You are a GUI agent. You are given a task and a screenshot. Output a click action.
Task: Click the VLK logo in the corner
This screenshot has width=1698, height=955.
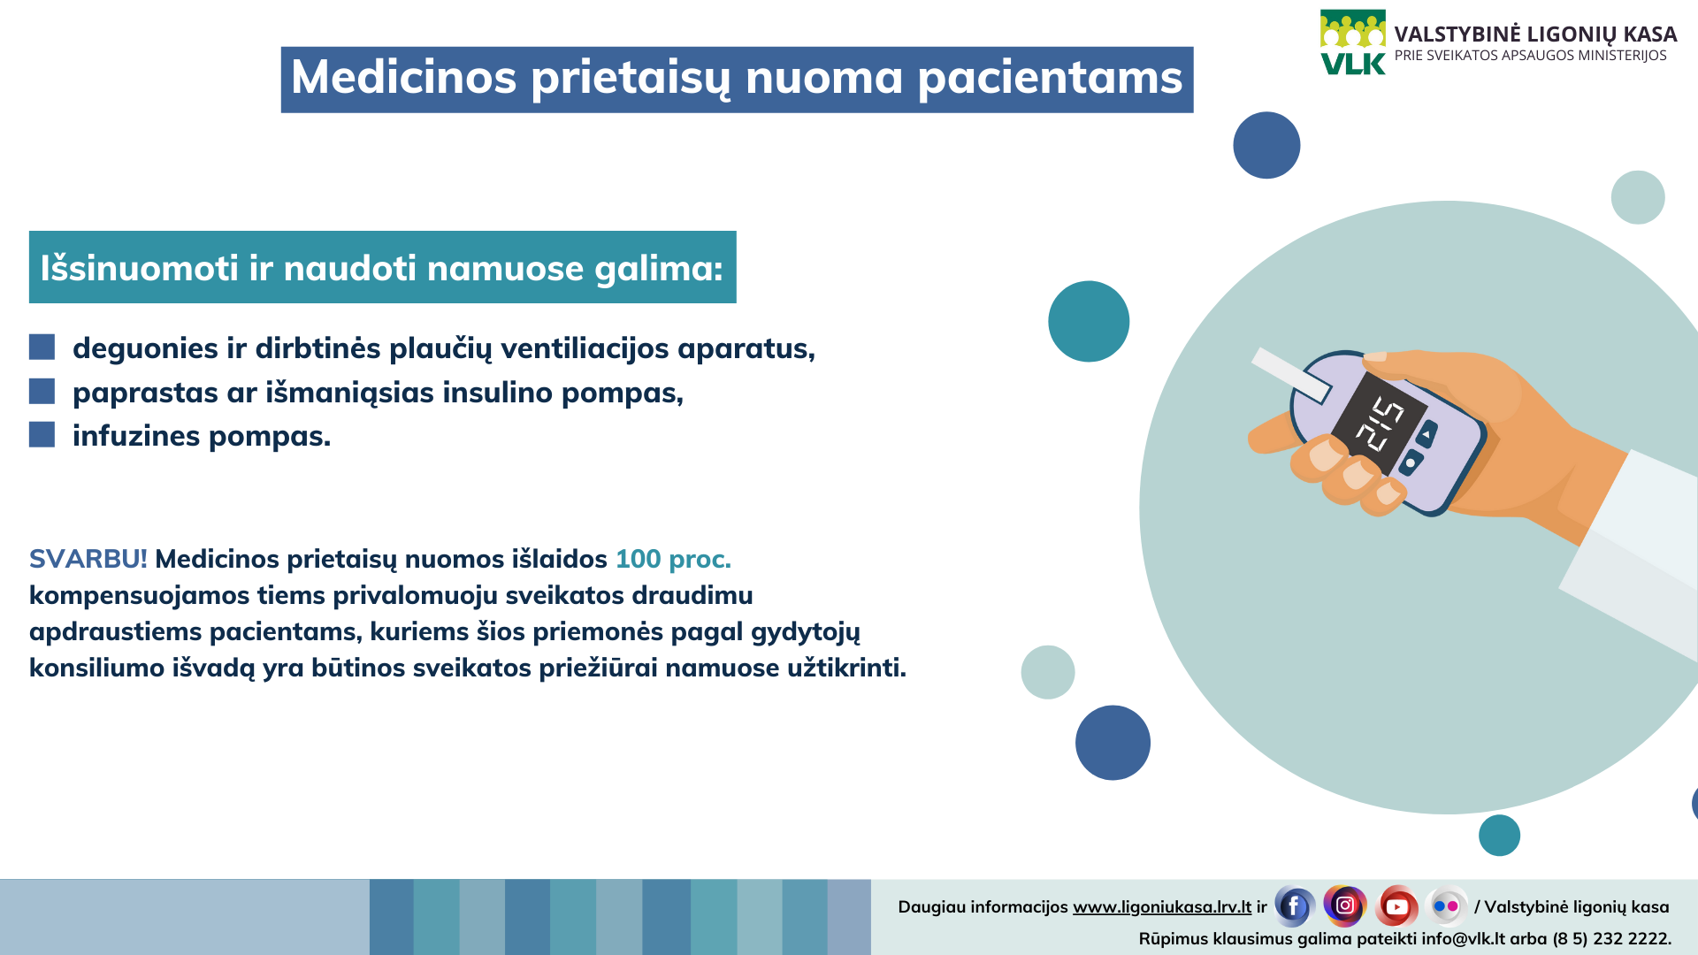tap(1353, 42)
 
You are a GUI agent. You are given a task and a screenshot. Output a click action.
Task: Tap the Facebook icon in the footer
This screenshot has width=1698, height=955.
tap(1294, 906)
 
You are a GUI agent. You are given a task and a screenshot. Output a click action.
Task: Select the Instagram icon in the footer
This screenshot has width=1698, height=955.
tap(1345, 905)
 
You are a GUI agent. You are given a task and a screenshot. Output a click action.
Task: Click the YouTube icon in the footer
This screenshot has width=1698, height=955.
tap(1396, 906)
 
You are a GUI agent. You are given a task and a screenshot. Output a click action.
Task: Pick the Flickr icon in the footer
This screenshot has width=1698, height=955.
tap(1447, 906)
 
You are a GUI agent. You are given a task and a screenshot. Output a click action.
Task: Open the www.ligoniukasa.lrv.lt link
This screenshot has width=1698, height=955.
tap(1162, 907)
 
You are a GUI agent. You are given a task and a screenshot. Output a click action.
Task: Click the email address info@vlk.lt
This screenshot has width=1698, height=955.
tap(1464, 939)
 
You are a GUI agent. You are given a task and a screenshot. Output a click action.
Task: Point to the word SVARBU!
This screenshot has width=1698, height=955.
tap(88, 559)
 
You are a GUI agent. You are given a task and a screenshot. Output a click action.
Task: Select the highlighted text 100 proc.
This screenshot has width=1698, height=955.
tap(673, 560)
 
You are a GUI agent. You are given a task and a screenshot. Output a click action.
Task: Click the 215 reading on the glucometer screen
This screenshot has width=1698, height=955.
tap(1380, 424)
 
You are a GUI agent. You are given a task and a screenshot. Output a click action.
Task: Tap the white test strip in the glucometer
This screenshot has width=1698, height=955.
tap(1290, 375)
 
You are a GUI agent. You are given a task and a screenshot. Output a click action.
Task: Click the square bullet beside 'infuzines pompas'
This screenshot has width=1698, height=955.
tap(42, 434)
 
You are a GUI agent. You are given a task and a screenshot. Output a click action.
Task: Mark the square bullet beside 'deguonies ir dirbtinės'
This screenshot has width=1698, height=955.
tap(42, 347)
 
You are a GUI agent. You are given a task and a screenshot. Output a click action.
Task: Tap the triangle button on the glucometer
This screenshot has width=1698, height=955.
tap(1426, 434)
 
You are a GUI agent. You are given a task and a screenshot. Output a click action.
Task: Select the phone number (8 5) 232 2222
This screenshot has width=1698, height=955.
tap(1612, 939)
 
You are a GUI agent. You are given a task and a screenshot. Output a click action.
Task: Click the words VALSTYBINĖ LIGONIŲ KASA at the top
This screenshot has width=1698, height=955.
tap(1535, 34)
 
